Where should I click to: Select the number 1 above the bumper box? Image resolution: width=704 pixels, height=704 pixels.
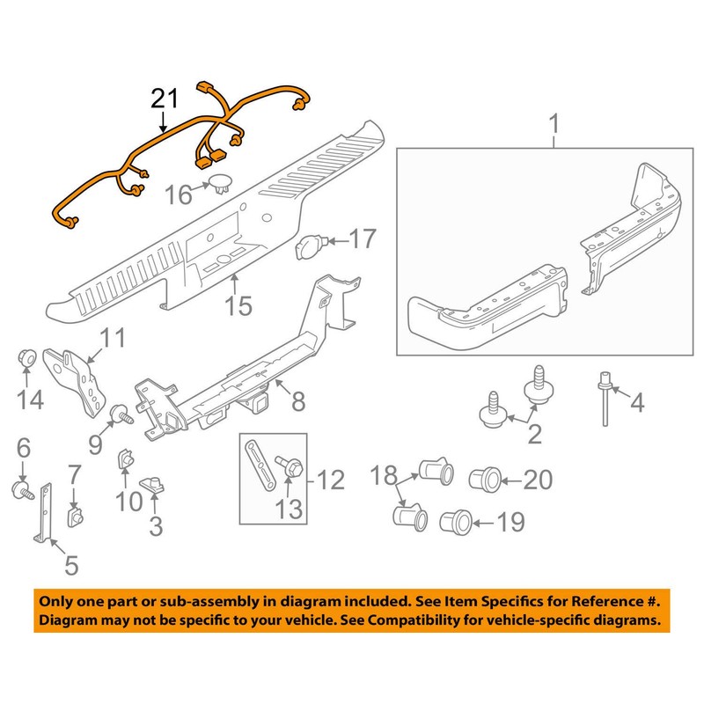(554, 124)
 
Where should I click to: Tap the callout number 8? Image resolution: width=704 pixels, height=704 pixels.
(297, 402)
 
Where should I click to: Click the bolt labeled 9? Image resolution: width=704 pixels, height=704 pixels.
(120, 412)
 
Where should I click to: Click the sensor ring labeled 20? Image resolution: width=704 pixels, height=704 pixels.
(483, 479)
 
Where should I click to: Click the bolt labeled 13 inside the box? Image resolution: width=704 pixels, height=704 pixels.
(284, 465)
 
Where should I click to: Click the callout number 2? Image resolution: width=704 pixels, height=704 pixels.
(531, 434)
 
